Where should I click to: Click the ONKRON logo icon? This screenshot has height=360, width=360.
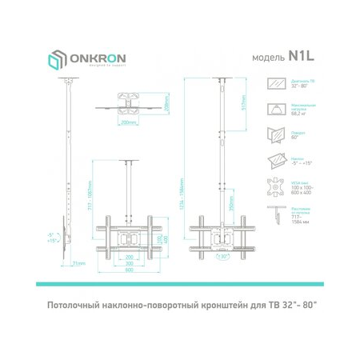pyautogui.click(x=55, y=62)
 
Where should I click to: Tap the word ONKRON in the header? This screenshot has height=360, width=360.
pyautogui.click(x=92, y=59)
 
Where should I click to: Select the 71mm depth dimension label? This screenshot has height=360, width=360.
pyautogui.click(x=77, y=263)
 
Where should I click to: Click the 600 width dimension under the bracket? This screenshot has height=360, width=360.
pyautogui.click(x=129, y=270)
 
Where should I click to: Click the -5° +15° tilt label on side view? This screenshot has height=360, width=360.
pyautogui.click(x=51, y=238)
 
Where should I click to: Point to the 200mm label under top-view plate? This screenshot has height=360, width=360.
pyautogui.click(x=129, y=123)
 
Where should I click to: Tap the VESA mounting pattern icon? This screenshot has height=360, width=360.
pyautogui.click(x=277, y=189)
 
